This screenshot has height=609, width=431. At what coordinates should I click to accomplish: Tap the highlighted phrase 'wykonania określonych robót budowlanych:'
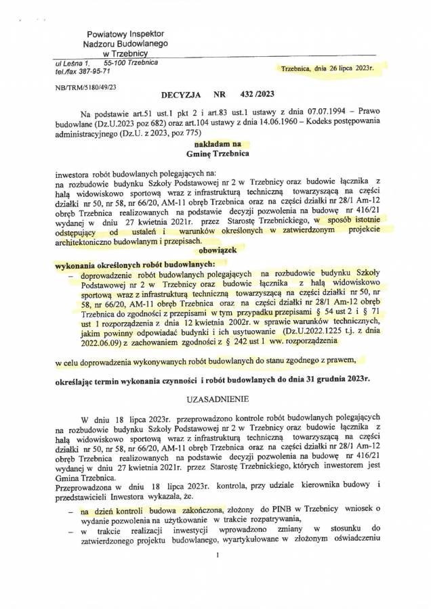pyautogui.click(x=134, y=263)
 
